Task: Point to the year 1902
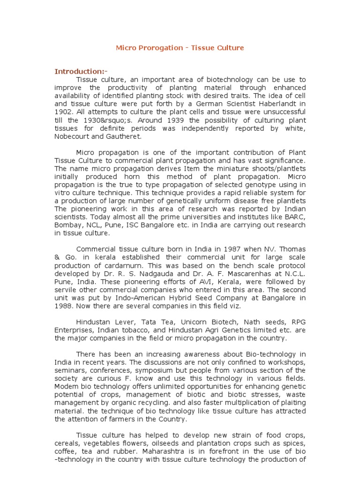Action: click(64, 112)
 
